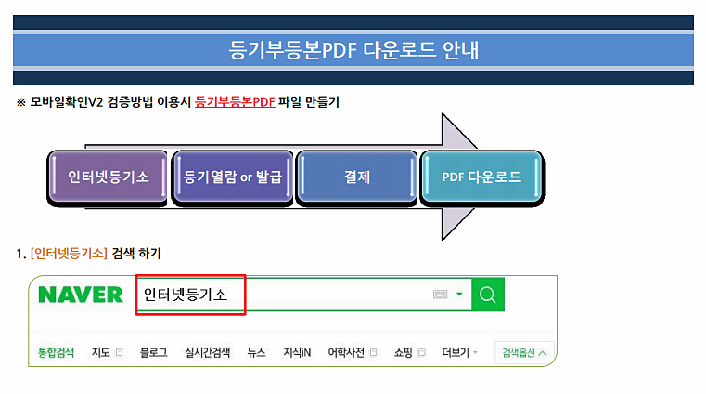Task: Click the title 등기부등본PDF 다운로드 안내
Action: coord(353,50)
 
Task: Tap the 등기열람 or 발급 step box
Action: coord(232,177)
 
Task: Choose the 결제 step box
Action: coord(356,177)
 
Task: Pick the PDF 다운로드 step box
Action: coord(481,177)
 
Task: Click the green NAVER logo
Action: coord(81,295)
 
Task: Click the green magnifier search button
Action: coord(488,295)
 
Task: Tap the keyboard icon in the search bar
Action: coord(441,295)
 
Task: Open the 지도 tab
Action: coord(101,352)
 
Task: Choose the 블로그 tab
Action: coord(153,352)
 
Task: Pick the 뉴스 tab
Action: coord(256,352)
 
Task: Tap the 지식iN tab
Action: coord(297,352)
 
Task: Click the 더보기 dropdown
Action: coord(459,352)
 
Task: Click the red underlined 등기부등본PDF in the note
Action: coord(235,102)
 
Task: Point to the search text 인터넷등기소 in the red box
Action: coord(186,295)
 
